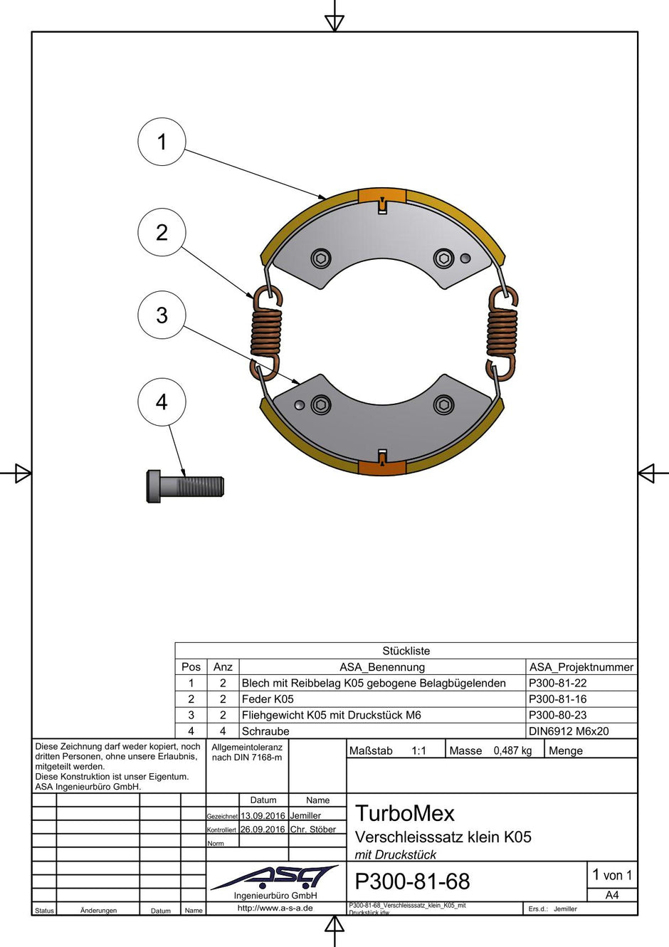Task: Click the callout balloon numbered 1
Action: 162,142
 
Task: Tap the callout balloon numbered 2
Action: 162,232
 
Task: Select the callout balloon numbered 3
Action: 162,315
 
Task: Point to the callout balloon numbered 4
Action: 162,402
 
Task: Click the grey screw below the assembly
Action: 185,487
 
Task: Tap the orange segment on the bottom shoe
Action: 382,467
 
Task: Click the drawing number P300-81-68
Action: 412,881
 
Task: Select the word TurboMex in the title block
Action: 404,813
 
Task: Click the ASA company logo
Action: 275,877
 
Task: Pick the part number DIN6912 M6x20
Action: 569,731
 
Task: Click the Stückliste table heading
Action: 406,651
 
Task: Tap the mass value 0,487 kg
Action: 512,750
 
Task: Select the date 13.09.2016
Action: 263,816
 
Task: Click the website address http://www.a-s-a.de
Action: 275,908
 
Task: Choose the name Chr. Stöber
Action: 313,830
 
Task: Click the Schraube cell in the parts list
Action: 265,731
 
